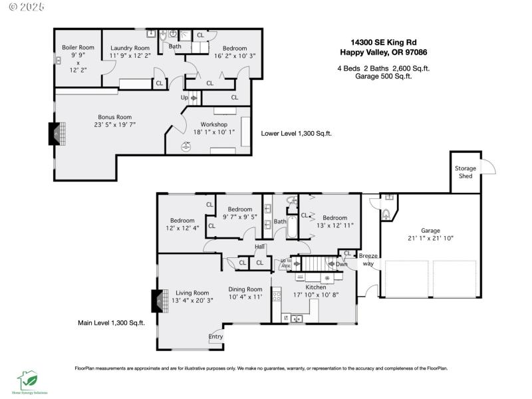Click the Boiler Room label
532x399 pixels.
(x=78, y=48)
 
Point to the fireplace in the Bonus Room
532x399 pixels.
(x=54, y=134)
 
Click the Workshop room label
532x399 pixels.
(x=210, y=124)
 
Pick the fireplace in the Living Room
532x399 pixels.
(x=158, y=301)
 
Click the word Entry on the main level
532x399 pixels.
(x=215, y=336)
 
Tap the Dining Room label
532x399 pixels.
(x=245, y=289)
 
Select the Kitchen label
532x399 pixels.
(x=316, y=287)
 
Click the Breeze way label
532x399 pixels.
(x=368, y=259)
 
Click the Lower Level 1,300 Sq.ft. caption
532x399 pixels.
(x=297, y=133)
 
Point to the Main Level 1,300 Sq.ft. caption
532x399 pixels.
(x=110, y=323)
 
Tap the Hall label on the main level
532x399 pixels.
(x=260, y=247)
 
